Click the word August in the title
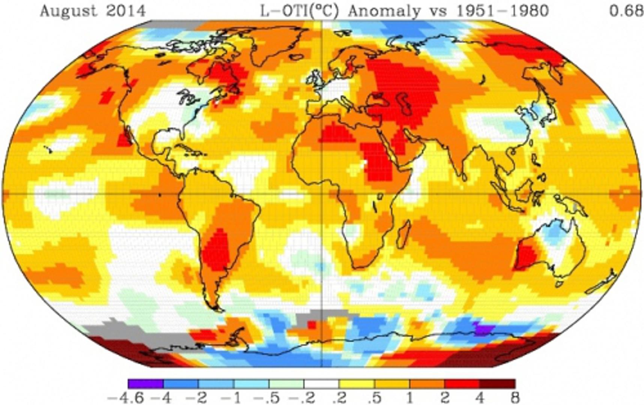click(x=68, y=11)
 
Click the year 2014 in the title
click(x=125, y=11)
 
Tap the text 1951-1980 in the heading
click(x=502, y=11)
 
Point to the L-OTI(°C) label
click(x=299, y=11)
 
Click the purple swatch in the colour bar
click(x=145, y=384)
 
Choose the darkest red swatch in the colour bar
click(x=498, y=384)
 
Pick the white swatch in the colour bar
click(x=321, y=384)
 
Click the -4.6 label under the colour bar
click(x=126, y=397)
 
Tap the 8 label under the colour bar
click(x=515, y=397)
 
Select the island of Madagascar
click(x=403, y=234)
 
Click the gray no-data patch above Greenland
click(x=173, y=25)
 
